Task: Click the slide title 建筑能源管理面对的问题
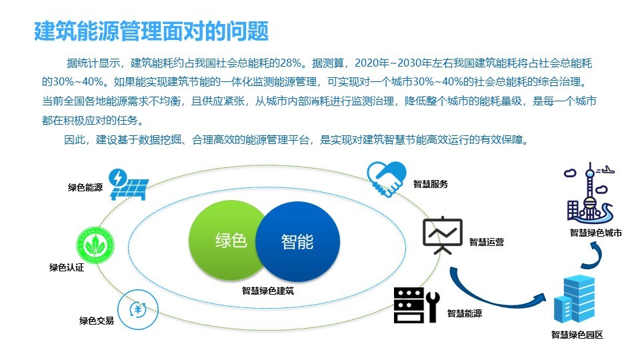point(151,31)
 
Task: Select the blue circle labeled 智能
point(298,241)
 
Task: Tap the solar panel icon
point(129,185)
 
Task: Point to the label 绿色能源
point(85,187)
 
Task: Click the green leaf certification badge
point(95,245)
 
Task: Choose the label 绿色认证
point(67,267)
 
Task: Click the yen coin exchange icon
point(137,310)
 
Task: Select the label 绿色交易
point(96,321)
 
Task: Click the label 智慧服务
point(431,184)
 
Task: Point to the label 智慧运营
point(487,242)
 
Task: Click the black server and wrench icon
point(417,305)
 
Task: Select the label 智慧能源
point(465,313)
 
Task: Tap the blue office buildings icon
point(574,299)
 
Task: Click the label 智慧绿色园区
point(577,335)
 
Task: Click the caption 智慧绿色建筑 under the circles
point(268,291)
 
